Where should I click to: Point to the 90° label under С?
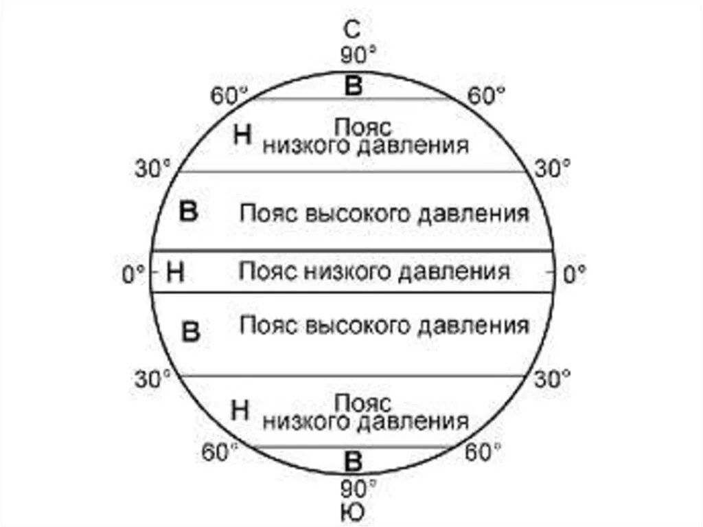point(358,54)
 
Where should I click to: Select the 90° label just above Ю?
point(358,488)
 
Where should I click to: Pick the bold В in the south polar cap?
point(353,460)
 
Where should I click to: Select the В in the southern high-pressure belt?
point(189,333)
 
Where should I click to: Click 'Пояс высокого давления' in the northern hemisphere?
point(384,213)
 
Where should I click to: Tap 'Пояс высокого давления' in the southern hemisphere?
point(384,324)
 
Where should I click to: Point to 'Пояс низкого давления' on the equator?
point(374,271)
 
